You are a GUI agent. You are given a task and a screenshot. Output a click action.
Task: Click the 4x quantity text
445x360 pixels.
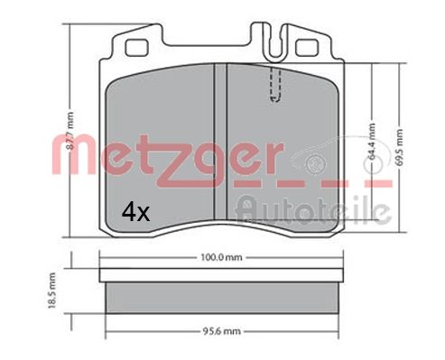(135, 211)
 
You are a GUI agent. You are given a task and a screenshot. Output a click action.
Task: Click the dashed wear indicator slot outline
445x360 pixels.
(276, 86)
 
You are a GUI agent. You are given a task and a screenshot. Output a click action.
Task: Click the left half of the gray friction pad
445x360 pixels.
(159, 135)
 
